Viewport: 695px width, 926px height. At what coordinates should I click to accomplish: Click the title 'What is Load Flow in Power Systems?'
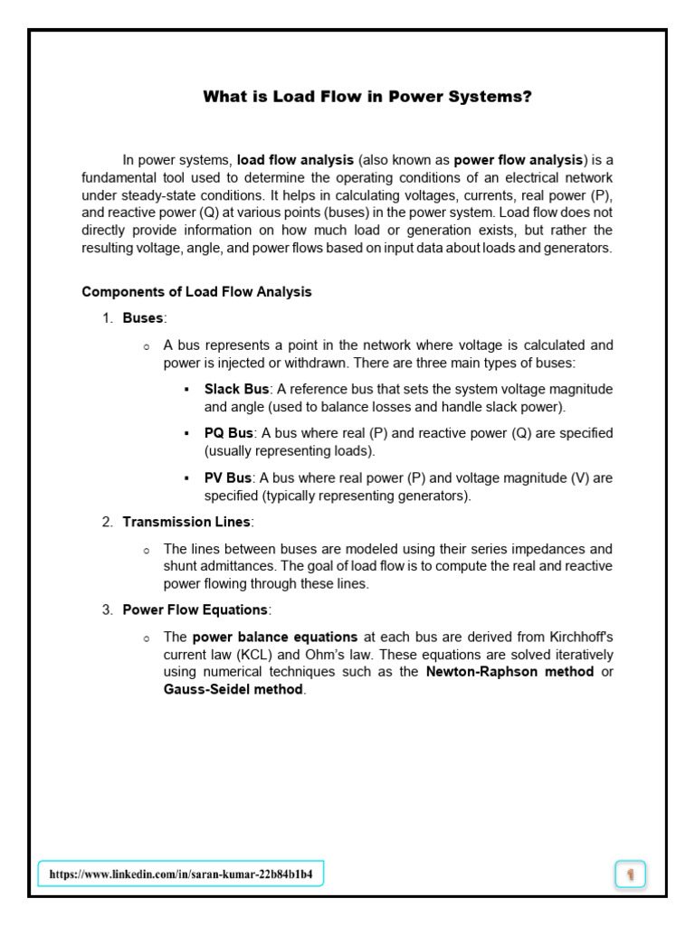point(367,97)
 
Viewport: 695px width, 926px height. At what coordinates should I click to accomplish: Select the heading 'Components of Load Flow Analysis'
point(196,291)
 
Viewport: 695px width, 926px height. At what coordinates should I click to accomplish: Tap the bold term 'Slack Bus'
point(236,389)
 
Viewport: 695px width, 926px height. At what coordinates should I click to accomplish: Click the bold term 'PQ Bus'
point(229,433)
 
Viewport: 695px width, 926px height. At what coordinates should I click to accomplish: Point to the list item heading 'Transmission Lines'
point(187,522)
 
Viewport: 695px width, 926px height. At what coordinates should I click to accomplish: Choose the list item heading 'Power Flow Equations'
point(195,609)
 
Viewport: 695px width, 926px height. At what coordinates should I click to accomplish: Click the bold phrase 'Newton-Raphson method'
point(509,672)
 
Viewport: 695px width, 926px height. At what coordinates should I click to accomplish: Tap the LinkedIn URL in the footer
point(181,874)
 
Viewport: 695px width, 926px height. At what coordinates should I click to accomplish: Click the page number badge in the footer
point(630,874)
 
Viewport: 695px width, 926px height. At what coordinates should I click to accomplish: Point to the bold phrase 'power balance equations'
point(275,637)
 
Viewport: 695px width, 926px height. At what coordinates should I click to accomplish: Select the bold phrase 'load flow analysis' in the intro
point(295,159)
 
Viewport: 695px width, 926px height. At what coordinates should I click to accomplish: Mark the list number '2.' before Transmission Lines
point(107,522)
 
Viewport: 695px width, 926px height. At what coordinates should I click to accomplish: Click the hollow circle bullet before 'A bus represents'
point(146,346)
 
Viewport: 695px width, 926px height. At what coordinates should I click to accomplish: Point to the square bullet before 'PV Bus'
point(186,477)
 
